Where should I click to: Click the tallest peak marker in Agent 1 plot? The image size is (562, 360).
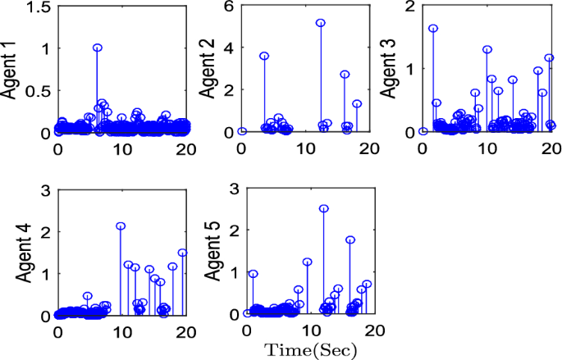click(x=98, y=48)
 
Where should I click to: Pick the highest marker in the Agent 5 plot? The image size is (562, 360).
click(x=323, y=208)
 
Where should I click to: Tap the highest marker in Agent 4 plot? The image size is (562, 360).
click(x=121, y=226)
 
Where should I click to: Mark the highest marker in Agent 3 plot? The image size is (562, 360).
click(x=433, y=28)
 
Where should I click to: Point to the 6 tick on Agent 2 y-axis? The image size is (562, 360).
click(x=230, y=7)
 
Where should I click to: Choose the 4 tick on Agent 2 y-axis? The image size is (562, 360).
click(x=230, y=48)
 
